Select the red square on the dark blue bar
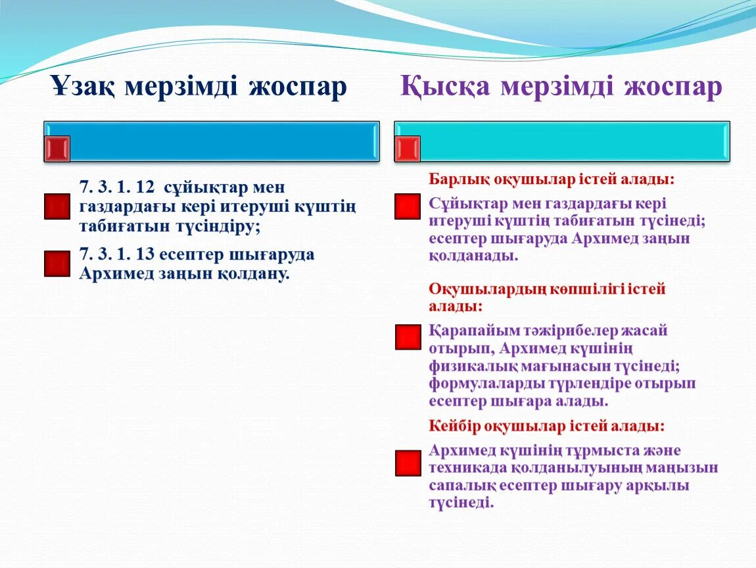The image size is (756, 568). pyautogui.click(x=57, y=149)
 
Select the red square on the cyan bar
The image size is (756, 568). pyautogui.click(x=408, y=149)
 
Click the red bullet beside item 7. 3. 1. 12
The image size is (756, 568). pyautogui.click(x=57, y=206)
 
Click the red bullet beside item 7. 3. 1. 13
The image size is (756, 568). pyautogui.click(x=57, y=263)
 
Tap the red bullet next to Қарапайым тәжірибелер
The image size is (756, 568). pyautogui.click(x=408, y=337)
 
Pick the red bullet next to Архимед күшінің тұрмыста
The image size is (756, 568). pyautogui.click(x=408, y=463)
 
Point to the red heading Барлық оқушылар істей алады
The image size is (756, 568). pyautogui.click(x=552, y=179)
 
